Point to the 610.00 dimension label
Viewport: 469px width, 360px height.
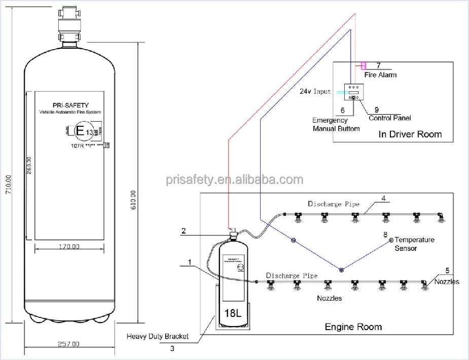point(133,200)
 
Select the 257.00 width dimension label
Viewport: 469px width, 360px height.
point(69,345)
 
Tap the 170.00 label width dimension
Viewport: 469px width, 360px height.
point(69,247)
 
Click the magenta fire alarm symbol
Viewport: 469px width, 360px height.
point(364,65)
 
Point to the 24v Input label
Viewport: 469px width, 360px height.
point(315,92)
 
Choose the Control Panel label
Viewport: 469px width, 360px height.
point(389,118)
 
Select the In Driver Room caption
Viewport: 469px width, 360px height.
point(410,134)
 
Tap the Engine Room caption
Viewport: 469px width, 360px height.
point(353,327)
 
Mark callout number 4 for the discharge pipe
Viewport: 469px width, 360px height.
point(384,198)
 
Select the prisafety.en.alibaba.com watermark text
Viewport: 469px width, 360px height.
point(234,179)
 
